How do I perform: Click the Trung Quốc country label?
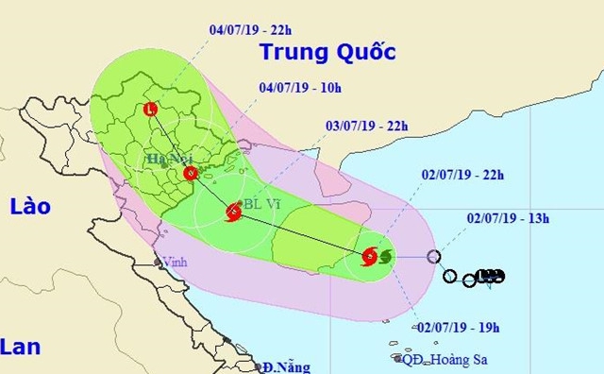click(x=327, y=52)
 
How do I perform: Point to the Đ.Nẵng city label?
click(x=287, y=366)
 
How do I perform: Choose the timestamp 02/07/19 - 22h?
click(x=456, y=175)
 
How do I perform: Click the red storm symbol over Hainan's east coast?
click(x=369, y=255)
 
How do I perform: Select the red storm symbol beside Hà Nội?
click(x=191, y=174)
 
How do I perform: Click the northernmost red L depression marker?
click(x=152, y=110)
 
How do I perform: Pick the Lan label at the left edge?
click(x=21, y=347)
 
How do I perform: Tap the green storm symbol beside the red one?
click(x=384, y=255)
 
